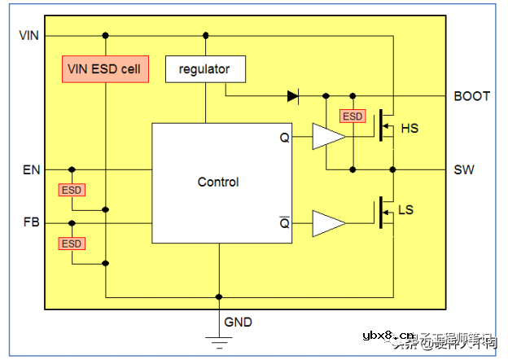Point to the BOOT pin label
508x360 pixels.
[471, 96]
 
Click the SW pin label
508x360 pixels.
[464, 170]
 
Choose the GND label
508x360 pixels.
[239, 322]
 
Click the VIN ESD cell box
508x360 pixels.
[106, 69]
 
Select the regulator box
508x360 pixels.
[205, 69]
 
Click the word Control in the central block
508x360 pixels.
[218, 182]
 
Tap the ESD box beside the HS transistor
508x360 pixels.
[353, 116]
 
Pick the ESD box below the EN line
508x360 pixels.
[72, 190]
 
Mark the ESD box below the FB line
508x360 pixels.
[72, 243]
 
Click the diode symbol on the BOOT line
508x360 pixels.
[293, 96]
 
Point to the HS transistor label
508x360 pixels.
[410, 128]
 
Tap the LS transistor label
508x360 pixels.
[405, 210]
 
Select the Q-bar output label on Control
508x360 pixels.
[284, 222]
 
